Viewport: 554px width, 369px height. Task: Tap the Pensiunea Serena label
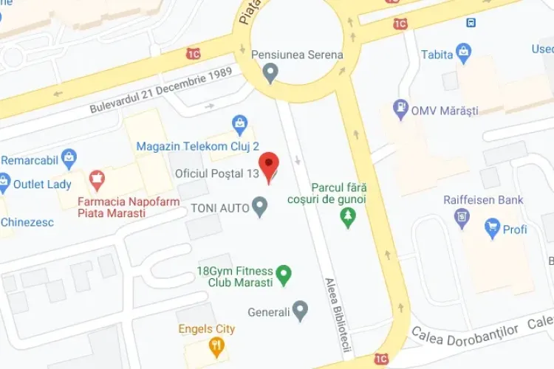coord(297,55)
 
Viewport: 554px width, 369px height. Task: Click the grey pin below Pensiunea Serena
coord(271,73)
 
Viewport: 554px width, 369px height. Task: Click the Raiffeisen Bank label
coord(483,200)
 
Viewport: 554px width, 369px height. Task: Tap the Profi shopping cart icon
coord(492,229)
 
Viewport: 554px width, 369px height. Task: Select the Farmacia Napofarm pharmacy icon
coord(96,179)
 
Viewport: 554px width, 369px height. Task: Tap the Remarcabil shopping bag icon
coord(69,157)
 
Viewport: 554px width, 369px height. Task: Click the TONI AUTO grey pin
coord(259,207)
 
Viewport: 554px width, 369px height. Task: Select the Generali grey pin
coord(299,311)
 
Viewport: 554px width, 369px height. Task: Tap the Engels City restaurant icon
coord(215,345)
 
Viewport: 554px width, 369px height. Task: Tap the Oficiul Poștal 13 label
coord(216,173)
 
